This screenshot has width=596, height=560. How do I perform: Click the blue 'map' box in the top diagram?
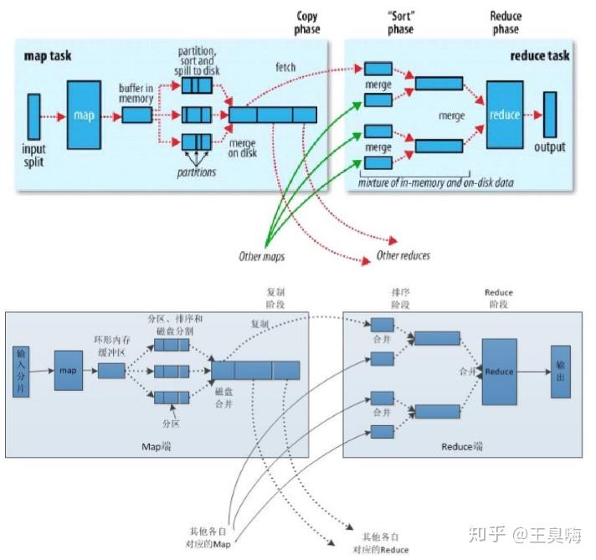pyautogui.click(x=84, y=115)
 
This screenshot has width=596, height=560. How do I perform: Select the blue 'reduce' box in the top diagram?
pyautogui.click(x=504, y=115)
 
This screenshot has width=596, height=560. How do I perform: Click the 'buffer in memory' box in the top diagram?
pyautogui.click(x=137, y=116)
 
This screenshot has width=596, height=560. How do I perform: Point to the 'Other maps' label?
pyautogui.click(x=262, y=256)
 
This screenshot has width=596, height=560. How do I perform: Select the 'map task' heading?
pyautogui.click(x=49, y=56)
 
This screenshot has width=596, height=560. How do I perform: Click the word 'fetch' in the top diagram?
pyautogui.click(x=285, y=67)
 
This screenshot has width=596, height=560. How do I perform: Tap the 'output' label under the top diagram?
pyautogui.click(x=549, y=147)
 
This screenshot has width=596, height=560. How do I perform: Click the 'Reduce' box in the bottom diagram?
pyautogui.click(x=499, y=372)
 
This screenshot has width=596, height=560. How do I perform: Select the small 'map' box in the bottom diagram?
pyautogui.click(x=69, y=370)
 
